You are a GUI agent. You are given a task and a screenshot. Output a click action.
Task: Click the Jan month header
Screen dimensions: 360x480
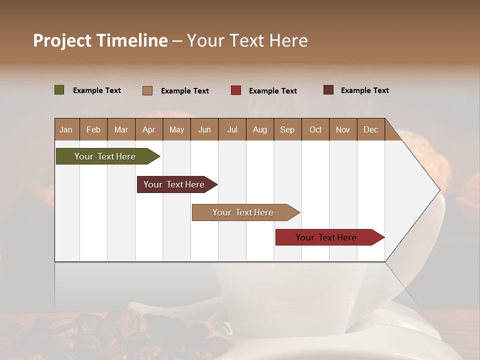pyautogui.click(x=66, y=129)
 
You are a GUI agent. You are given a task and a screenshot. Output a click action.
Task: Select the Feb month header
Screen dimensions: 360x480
pyautogui.click(x=93, y=129)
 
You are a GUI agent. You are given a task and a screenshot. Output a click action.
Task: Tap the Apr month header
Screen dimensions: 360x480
pyautogui.click(x=148, y=129)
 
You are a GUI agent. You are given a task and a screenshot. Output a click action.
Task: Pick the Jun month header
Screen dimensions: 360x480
pyautogui.click(x=204, y=129)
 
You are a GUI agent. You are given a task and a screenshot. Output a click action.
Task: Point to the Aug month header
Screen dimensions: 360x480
pyautogui.click(x=259, y=129)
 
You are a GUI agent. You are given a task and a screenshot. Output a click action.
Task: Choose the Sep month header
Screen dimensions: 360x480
pyautogui.click(x=287, y=129)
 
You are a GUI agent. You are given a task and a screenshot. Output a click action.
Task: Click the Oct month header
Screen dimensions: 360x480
pyautogui.click(x=315, y=129)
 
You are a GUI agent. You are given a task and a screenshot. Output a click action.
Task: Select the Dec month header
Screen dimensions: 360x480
pyautogui.click(x=370, y=129)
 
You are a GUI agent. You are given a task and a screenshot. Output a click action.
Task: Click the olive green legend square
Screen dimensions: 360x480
pyautogui.click(x=59, y=90)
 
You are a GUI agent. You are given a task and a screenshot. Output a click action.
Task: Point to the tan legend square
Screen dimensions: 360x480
pyautogui.click(x=147, y=90)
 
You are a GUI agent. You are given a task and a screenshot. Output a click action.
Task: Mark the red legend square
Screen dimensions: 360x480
pyautogui.click(x=236, y=90)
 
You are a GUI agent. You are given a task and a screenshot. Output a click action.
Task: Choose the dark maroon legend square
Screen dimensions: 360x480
pyautogui.click(x=328, y=90)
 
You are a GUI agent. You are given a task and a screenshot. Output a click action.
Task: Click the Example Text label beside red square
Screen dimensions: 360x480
pyautogui.click(x=273, y=90)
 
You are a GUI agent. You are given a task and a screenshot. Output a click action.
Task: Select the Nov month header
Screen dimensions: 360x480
pyautogui.click(x=343, y=129)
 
